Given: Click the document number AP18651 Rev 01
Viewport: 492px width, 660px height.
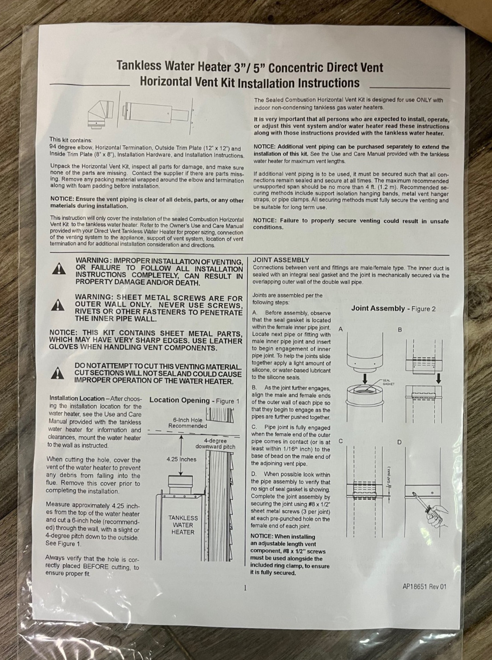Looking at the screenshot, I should (x=424, y=587).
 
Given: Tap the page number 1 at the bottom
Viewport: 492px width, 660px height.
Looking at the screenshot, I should (x=244, y=588).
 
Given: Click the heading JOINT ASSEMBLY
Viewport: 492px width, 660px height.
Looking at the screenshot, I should (x=280, y=260).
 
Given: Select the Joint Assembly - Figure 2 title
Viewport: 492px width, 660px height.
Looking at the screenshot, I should (x=393, y=308).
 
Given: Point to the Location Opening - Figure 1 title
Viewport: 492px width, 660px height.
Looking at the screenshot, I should (x=194, y=400).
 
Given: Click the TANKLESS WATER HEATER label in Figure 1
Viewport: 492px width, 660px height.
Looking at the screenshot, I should (x=183, y=525).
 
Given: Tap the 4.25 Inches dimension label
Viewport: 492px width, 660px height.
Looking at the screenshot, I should (x=181, y=459).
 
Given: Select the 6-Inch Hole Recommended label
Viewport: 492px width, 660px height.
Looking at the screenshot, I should (x=188, y=422).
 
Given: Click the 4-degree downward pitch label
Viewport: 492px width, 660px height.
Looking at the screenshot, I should (x=215, y=444).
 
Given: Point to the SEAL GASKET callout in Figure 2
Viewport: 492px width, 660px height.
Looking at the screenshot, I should (x=388, y=382).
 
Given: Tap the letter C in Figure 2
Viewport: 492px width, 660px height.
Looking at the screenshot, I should (x=340, y=441).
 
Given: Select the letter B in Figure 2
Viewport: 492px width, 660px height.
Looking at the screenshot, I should (x=400, y=330).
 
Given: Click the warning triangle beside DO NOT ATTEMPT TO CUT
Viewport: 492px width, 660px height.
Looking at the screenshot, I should (x=58, y=374).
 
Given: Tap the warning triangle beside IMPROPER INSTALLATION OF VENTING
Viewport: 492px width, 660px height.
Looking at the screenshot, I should (x=59, y=269).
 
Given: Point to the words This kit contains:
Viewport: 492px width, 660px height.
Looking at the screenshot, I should (x=71, y=139).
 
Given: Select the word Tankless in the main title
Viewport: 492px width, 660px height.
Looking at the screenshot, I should (x=139, y=66).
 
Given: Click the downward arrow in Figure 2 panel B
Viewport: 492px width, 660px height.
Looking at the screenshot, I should (x=438, y=378).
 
